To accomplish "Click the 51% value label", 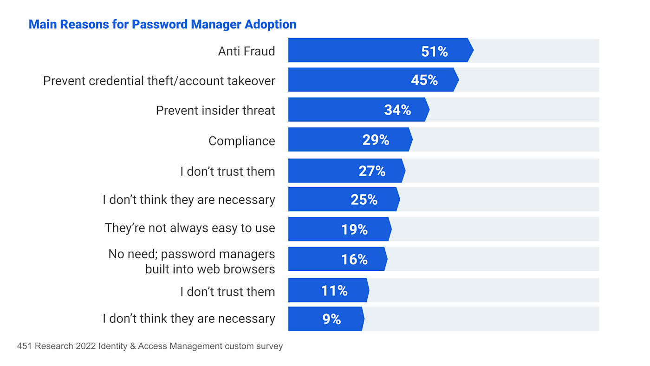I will point(434,51).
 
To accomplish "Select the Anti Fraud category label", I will point(247,51).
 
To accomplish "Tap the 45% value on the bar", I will point(424,80).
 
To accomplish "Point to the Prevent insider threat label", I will point(215,111).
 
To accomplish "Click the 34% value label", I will point(397,110).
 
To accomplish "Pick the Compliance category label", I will point(241,141).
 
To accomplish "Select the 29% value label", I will point(376,140).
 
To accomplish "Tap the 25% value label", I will point(364,200).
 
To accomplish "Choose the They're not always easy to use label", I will point(189,228).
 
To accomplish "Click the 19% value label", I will point(354,229).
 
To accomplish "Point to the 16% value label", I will point(354,260).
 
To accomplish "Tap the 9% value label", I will point(331,319).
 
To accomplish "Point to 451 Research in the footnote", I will point(44,346).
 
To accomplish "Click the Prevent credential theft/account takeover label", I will point(159,81).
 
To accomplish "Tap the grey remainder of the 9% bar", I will point(481,319).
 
